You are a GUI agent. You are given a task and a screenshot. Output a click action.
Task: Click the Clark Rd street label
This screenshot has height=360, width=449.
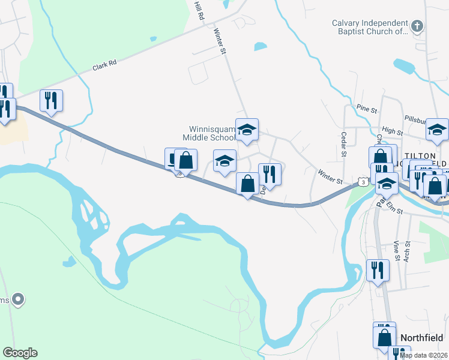[104, 64]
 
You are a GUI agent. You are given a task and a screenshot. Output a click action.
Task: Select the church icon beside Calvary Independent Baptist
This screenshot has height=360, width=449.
[418, 26]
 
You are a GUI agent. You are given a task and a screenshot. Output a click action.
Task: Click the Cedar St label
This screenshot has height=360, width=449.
[344, 144]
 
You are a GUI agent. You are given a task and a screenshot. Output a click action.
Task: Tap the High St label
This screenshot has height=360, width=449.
[391, 131]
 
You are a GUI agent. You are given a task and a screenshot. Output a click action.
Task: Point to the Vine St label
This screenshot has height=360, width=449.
[396, 250]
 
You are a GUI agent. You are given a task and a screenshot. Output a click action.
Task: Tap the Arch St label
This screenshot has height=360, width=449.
[407, 250]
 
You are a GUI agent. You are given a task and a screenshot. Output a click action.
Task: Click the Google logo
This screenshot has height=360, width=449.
[20, 353]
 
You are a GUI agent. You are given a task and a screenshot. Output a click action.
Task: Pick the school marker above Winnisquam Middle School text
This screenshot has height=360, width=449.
[247, 129]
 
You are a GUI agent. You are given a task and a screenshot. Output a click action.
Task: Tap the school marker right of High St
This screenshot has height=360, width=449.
[437, 128]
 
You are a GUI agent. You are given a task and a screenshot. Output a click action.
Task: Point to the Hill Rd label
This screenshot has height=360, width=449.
[199, 11]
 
